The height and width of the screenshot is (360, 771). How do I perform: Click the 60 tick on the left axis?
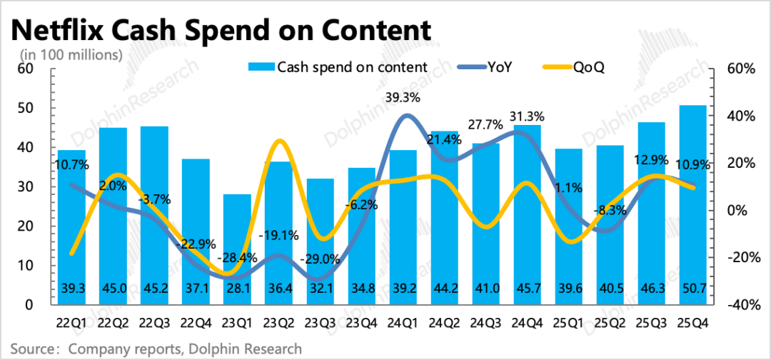(26, 69)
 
